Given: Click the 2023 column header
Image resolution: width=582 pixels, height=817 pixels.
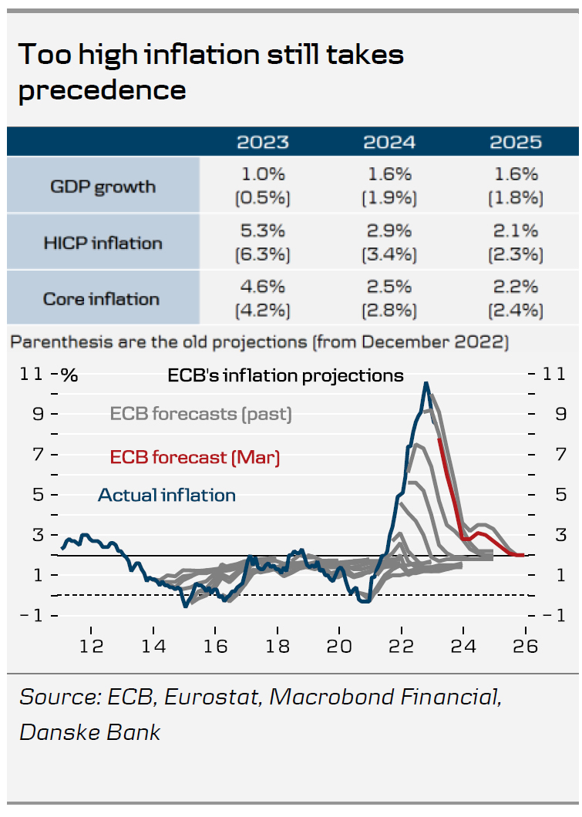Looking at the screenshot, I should pyautogui.click(x=263, y=143).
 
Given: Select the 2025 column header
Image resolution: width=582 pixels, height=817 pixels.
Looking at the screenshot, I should pyautogui.click(x=516, y=143).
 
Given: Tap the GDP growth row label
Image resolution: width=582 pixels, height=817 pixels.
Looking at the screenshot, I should pyautogui.click(x=103, y=187).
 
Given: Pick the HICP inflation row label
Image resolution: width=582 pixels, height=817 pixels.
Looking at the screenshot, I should pyautogui.click(x=103, y=243).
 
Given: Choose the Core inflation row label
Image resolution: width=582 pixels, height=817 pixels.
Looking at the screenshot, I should pyautogui.click(x=103, y=299).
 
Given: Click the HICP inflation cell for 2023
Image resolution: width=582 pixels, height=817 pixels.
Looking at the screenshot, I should pyautogui.click(x=263, y=242).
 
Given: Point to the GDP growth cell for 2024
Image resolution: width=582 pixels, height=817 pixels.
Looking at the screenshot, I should pyautogui.click(x=389, y=186).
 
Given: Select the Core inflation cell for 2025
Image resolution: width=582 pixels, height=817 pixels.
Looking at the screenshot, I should pyautogui.click(x=516, y=298).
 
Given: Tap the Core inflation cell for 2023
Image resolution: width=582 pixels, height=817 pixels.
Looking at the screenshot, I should pyautogui.click(x=263, y=298).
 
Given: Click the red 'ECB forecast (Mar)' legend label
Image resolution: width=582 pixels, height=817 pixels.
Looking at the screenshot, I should pyautogui.click(x=195, y=457).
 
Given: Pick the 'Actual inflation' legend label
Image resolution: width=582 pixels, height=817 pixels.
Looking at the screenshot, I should pyautogui.click(x=167, y=495).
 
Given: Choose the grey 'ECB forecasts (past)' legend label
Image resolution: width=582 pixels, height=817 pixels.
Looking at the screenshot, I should pyautogui.click(x=201, y=414).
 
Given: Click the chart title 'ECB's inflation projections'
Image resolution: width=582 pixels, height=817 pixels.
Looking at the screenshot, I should pyautogui.click(x=285, y=375).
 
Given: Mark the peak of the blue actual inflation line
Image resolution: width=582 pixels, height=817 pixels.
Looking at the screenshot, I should pyautogui.click(x=426, y=383).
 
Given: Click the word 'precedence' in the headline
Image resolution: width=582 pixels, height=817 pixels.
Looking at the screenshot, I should pyautogui.click(x=102, y=90).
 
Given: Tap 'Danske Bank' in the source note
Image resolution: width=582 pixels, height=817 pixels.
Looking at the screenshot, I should pyautogui.click(x=90, y=731).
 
